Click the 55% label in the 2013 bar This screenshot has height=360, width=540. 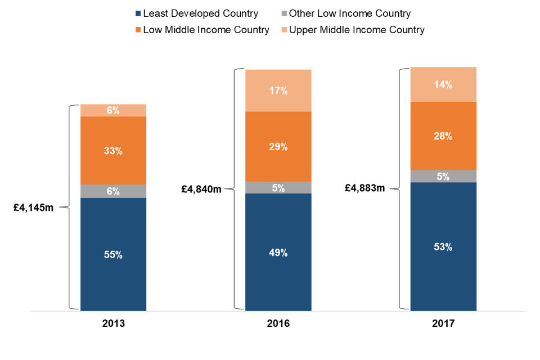[x=113, y=255]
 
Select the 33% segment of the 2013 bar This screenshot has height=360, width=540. [x=113, y=151]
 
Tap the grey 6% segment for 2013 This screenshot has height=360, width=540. [x=113, y=191]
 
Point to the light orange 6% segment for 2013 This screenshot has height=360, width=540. [x=113, y=110]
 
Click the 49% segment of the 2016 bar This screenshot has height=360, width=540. [x=278, y=253]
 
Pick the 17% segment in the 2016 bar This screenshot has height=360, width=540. [x=278, y=91]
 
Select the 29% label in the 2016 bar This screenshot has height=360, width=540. [x=278, y=147]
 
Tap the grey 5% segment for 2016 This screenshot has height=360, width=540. [x=278, y=188]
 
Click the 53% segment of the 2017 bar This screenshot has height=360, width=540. [x=443, y=246]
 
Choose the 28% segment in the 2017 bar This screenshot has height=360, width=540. [x=443, y=136]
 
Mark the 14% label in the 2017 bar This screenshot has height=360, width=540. [x=443, y=84]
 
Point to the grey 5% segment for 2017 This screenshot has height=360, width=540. [x=443, y=176]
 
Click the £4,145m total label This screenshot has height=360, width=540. [x=34, y=208]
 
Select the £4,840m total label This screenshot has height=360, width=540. [x=201, y=190]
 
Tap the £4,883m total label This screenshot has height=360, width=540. [x=365, y=188]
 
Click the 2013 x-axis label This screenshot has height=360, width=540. [x=113, y=325]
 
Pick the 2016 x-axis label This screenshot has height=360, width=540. [x=278, y=325]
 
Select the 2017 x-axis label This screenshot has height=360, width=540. [x=443, y=325]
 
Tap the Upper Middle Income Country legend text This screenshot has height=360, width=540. [x=357, y=30]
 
